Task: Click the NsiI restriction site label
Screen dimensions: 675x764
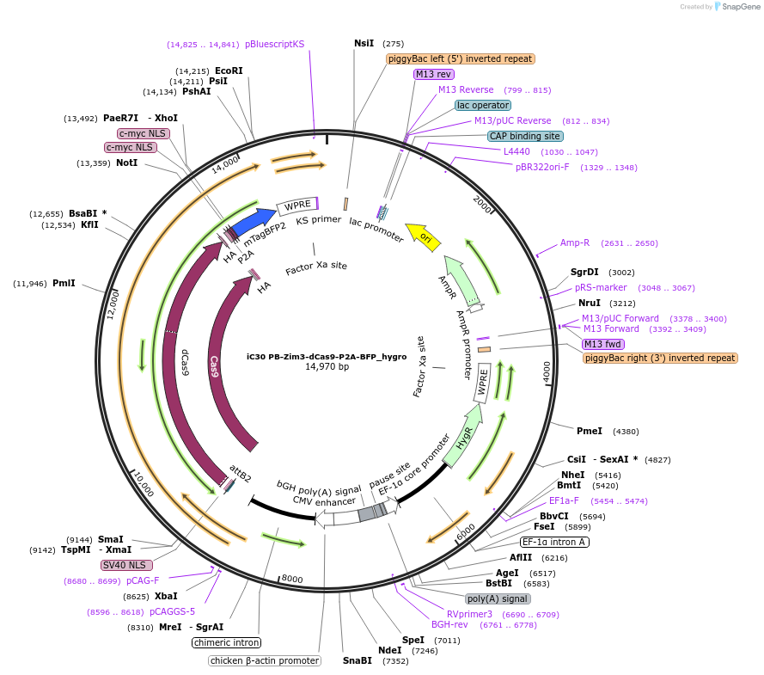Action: click(x=364, y=43)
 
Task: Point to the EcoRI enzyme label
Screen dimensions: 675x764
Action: click(x=229, y=71)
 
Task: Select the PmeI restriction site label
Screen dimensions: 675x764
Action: click(x=589, y=431)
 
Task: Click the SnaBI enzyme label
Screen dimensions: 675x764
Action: click(x=358, y=660)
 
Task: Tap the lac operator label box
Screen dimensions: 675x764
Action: click(x=483, y=105)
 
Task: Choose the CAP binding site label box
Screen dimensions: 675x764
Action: click(x=525, y=136)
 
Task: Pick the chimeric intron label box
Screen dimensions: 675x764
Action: click(x=227, y=642)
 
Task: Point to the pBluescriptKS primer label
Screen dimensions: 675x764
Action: click(x=274, y=44)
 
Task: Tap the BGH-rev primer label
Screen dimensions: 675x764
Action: click(x=449, y=624)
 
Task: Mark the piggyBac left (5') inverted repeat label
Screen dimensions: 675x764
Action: click(x=461, y=58)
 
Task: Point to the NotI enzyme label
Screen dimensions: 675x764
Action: click(x=126, y=163)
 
